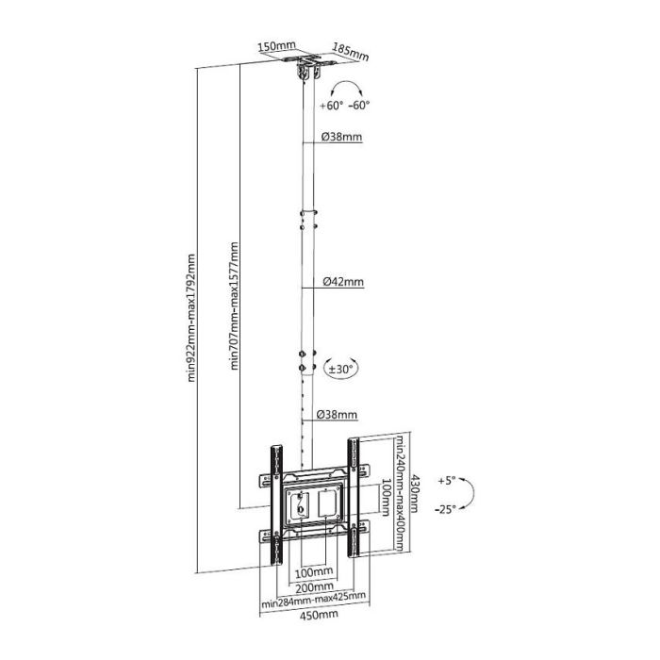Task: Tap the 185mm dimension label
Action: (351, 49)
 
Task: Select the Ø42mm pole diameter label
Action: (341, 281)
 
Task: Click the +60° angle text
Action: (330, 106)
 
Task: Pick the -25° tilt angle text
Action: (447, 508)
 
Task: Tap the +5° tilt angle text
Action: (446, 480)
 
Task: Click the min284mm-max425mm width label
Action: (314, 600)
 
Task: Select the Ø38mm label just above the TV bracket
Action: (337, 414)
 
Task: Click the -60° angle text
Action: (358, 106)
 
